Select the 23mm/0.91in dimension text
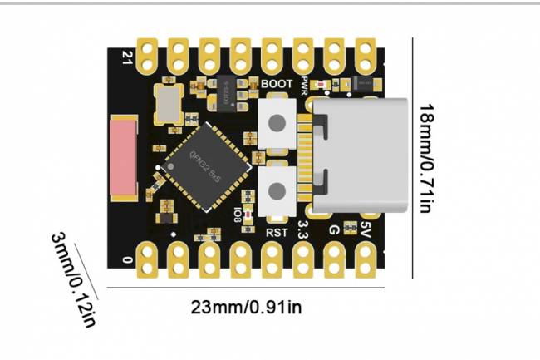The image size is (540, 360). (x=247, y=307)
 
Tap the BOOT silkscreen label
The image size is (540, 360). (x=276, y=84)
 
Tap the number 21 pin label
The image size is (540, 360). (x=127, y=57)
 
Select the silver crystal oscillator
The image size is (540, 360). (x=169, y=104)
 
